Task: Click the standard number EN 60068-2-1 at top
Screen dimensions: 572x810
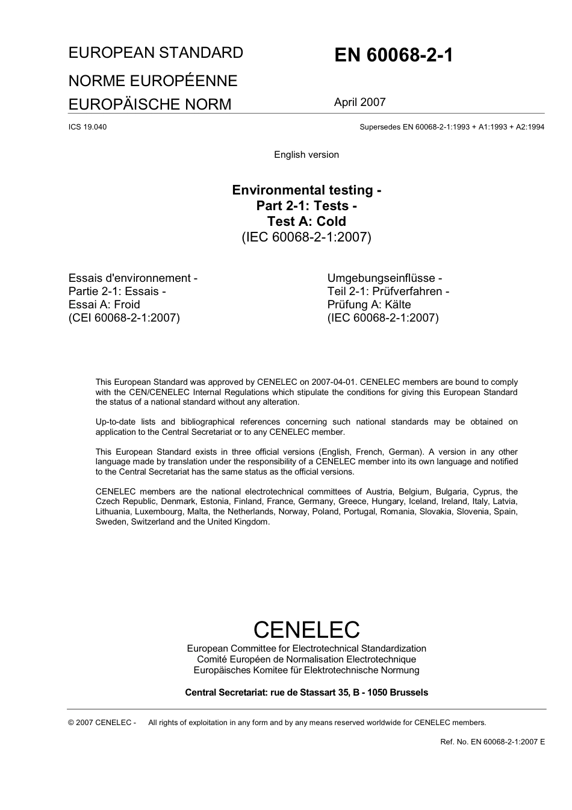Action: click(x=394, y=55)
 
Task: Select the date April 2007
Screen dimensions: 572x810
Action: click(x=359, y=102)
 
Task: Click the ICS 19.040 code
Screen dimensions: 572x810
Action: click(x=88, y=127)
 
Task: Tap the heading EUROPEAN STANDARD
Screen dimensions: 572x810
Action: click(x=156, y=53)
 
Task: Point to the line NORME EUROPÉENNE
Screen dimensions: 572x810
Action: click(x=153, y=81)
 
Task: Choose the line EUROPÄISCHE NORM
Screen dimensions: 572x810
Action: click(x=150, y=104)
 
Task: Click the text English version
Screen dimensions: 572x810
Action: click(x=306, y=155)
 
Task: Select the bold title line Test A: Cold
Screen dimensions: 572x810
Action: click(x=306, y=221)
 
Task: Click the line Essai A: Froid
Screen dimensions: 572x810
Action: click(x=104, y=305)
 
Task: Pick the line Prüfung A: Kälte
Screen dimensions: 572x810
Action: click(x=369, y=305)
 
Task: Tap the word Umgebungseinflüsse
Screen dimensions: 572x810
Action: click(x=381, y=278)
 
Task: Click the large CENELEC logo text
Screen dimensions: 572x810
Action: click(x=306, y=630)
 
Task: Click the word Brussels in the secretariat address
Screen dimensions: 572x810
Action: click(x=409, y=693)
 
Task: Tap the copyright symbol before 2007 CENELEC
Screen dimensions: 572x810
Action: click(x=72, y=723)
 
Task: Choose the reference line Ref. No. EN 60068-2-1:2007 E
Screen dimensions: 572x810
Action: click(x=493, y=741)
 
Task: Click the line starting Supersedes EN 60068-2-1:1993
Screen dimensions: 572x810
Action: click(x=452, y=127)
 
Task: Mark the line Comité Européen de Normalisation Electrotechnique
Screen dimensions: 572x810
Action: click(x=306, y=659)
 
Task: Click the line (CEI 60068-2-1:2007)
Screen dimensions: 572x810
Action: click(x=124, y=318)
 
